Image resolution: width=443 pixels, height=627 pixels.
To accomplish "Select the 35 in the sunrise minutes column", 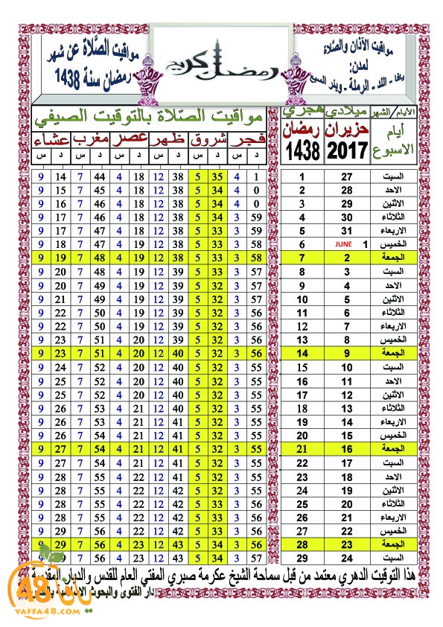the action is point(217,177).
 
